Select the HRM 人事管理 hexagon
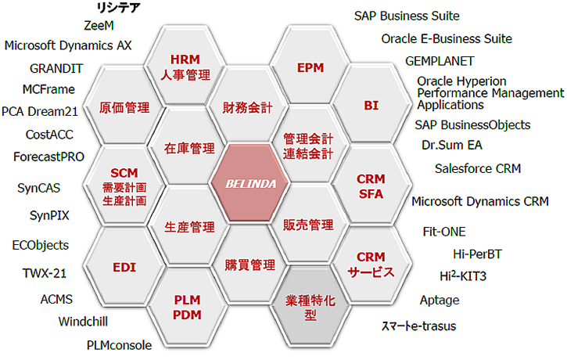[x=185, y=67]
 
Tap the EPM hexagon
[x=310, y=68]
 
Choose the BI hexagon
[x=371, y=105]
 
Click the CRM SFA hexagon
[x=371, y=185]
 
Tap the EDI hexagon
[x=124, y=267]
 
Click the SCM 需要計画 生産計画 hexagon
[x=124, y=185]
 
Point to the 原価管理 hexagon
[x=124, y=106]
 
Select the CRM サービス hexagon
[x=371, y=265]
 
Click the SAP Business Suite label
[x=406, y=16]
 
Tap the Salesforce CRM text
[x=477, y=168]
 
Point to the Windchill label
[x=83, y=321]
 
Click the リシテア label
[x=117, y=8]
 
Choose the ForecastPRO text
[x=48, y=157]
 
